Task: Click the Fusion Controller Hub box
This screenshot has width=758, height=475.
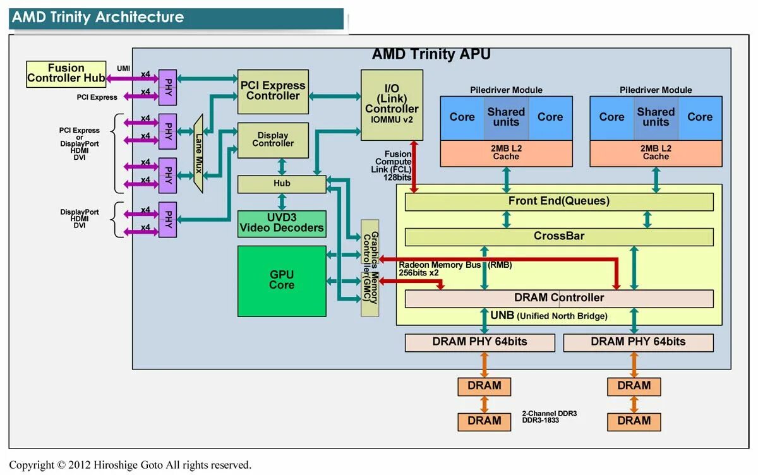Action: point(66,74)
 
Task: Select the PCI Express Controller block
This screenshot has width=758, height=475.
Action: point(273,91)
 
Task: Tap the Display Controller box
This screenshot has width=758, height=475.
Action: point(273,140)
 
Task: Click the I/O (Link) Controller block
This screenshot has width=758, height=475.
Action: point(392,104)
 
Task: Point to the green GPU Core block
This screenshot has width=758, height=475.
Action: point(282,280)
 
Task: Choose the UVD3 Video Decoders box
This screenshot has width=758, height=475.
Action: point(282,224)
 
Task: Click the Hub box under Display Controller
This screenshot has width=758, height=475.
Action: point(282,184)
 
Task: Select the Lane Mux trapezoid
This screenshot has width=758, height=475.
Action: point(198,153)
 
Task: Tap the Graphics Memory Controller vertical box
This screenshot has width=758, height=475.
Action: point(370,268)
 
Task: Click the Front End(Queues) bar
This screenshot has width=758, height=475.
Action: point(558,201)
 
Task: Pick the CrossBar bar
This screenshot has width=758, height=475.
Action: point(558,236)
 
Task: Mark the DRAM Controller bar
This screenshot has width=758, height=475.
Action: point(558,298)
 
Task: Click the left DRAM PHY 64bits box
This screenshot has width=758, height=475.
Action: point(479,342)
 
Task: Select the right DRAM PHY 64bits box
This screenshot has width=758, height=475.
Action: point(638,342)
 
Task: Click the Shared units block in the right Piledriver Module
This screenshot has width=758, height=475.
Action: point(656,117)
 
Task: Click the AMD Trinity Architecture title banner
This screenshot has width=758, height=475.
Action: point(177,18)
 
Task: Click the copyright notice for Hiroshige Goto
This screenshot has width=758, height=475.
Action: point(130,465)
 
